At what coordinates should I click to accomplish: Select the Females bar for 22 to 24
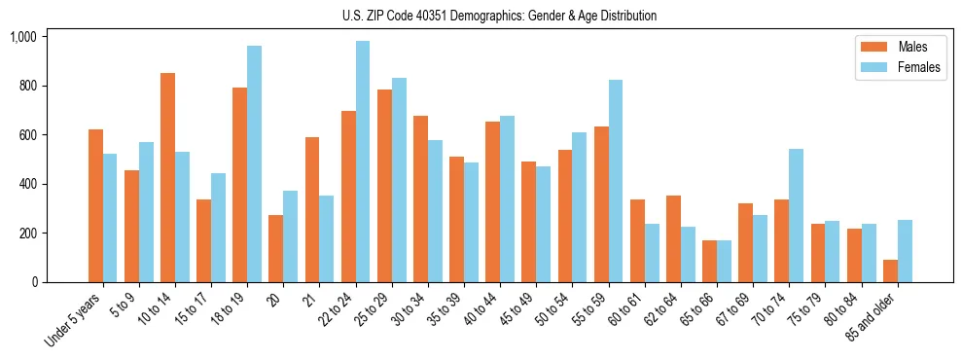click(x=363, y=162)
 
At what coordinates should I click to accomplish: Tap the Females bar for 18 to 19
click(x=254, y=163)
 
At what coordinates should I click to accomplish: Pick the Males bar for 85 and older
click(x=890, y=270)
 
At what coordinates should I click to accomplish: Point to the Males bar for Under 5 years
click(x=95, y=205)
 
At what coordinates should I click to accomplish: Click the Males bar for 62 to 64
click(x=673, y=238)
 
